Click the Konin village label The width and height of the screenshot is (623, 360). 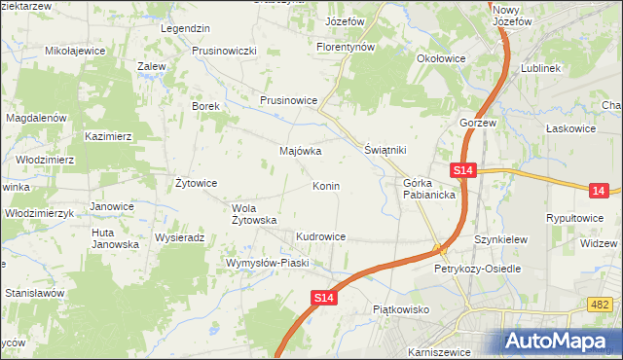325,186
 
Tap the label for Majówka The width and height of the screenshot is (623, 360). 300,152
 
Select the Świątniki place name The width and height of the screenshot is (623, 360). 385,151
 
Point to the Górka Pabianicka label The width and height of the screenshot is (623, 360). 429,189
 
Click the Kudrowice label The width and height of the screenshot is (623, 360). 321,236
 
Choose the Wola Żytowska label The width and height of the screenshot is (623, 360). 256,214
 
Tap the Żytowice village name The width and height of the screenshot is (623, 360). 195,183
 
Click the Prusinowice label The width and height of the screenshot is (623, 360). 289,100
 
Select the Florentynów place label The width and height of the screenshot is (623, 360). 346,47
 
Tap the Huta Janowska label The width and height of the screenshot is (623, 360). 115,238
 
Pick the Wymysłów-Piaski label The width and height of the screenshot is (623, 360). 267,263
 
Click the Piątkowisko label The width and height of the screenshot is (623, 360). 401,309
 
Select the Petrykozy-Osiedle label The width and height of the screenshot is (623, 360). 478,268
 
